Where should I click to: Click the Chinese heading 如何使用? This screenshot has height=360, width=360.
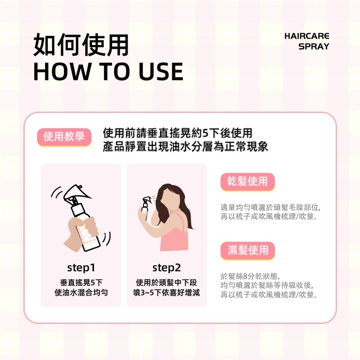[x=81, y=45]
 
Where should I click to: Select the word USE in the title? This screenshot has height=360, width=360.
[x=161, y=72]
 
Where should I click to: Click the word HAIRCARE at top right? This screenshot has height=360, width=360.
[x=307, y=36]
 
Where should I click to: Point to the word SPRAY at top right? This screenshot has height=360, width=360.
[x=314, y=46]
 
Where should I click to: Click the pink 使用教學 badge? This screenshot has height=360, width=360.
[x=64, y=137]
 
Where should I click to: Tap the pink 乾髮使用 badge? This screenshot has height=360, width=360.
[x=247, y=181]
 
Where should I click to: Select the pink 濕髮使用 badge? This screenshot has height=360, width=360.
[x=247, y=250]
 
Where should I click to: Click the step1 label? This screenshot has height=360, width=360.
[x=81, y=268]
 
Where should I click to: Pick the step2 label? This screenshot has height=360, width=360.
[x=166, y=268]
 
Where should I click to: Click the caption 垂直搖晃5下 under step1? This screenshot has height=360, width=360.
[x=81, y=283]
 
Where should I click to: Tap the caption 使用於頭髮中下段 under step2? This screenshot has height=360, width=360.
[x=166, y=283]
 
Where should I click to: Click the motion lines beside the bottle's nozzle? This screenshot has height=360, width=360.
[x=57, y=192]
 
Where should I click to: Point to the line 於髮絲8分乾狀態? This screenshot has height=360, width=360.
[x=250, y=276]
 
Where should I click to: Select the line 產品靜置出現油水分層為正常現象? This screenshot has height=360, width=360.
[x=185, y=147]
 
